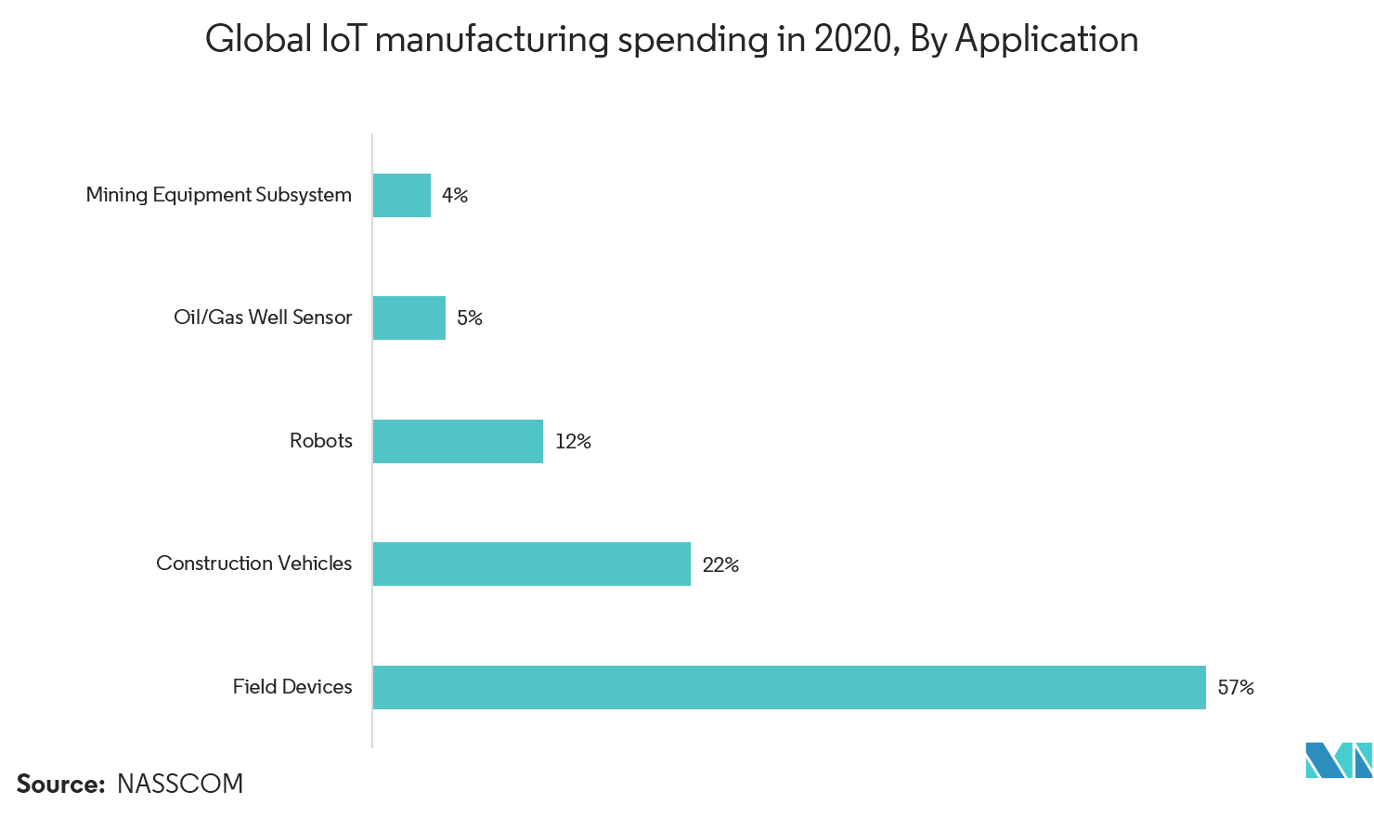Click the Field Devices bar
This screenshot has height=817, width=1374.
[x=789, y=687]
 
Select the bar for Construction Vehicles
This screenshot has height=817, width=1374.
[x=531, y=564]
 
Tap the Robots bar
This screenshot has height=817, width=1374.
[x=458, y=441]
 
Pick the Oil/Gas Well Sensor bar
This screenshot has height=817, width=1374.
[x=408, y=318]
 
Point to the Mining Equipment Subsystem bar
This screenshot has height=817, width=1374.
[x=401, y=195]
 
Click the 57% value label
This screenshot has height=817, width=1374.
[x=1236, y=687]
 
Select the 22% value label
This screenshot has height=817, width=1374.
[x=720, y=564]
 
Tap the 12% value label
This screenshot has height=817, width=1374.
[x=573, y=441]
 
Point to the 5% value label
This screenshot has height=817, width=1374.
[x=470, y=318]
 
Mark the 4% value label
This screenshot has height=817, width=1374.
[x=455, y=195]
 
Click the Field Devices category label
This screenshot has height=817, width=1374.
[x=292, y=687]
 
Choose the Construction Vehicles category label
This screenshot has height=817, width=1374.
[x=254, y=564]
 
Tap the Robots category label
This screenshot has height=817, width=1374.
[x=321, y=441]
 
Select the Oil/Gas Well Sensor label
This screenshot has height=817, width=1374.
[x=264, y=318]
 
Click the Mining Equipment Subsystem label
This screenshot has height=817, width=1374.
[x=219, y=195]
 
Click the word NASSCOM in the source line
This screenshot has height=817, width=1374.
[x=180, y=784]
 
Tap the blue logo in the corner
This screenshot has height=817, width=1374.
[x=1338, y=760]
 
